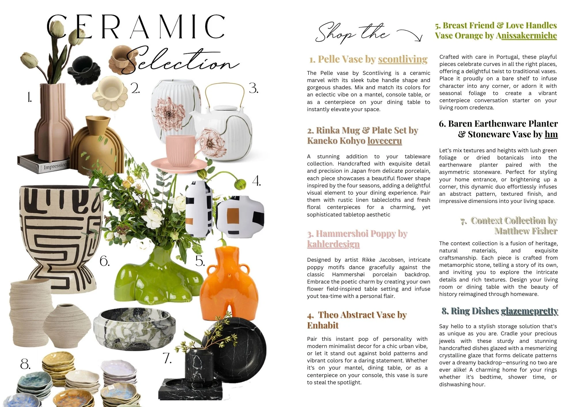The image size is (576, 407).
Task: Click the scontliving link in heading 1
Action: [x=403, y=59]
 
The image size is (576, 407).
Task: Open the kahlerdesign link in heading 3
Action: [x=333, y=244]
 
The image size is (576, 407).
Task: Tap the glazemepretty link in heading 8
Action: [x=529, y=311]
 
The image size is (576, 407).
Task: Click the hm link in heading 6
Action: [x=551, y=134]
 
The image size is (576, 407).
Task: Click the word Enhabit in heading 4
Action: [x=323, y=325]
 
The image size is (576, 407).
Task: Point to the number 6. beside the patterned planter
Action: [x=105, y=261]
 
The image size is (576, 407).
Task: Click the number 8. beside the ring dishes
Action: [x=25, y=364]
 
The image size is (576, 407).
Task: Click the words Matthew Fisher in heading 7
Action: [x=526, y=231]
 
